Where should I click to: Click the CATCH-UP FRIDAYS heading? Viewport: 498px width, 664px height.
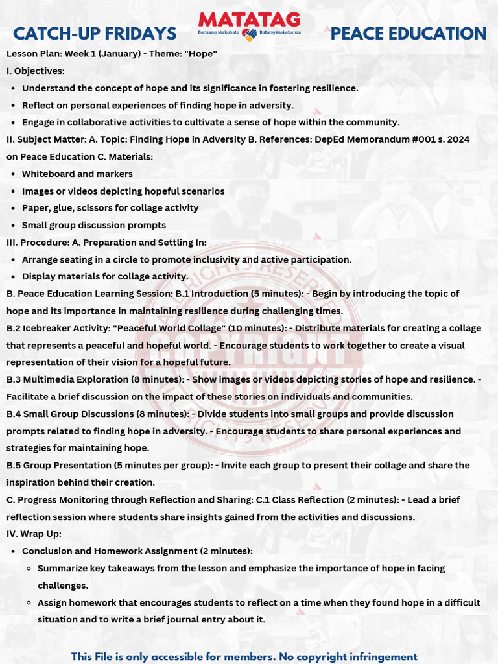pyautogui.click(x=95, y=34)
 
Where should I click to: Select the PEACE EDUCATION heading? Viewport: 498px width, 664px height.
pyautogui.click(x=409, y=34)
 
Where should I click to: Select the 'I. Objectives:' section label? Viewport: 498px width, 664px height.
pyautogui.click(x=36, y=71)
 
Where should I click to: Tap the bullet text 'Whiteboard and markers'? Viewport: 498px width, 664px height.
pyautogui.click(x=77, y=174)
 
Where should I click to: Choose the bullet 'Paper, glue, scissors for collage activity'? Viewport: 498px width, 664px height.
pyautogui.click(x=110, y=208)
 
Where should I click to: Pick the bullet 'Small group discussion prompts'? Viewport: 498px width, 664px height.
pyautogui.click(x=94, y=225)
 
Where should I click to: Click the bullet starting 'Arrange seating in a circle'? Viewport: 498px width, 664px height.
pyautogui.click(x=187, y=259)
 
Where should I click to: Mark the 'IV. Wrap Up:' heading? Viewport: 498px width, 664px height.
pyautogui.click(x=34, y=534)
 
